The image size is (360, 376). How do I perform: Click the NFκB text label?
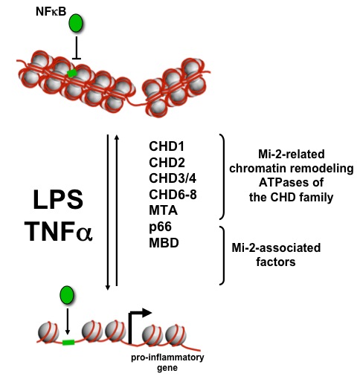click(x=51, y=11)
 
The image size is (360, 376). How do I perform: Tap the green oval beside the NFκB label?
click(x=76, y=23)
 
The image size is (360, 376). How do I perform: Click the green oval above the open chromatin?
click(x=67, y=295)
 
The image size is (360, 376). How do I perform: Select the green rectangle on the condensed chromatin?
click(x=72, y=73)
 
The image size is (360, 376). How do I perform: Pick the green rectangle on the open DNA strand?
click(x=68, y=343)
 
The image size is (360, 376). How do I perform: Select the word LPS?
click(x=58, y=199)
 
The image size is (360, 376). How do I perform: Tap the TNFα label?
click(x=59, y=231)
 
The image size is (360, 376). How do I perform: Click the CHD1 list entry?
click(x=167, y=146)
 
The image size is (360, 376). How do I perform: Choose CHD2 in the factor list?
click(x=167, y=163)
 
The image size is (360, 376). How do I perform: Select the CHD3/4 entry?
click(x=173, y=178)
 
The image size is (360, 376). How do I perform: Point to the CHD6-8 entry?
click(x=173, y=195)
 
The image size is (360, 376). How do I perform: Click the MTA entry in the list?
click(x=164, y=210)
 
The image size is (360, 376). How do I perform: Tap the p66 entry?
click(x=160, y=227)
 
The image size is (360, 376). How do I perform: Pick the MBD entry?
click(x=164, y=242)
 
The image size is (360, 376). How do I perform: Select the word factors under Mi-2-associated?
click(x=276, y=262)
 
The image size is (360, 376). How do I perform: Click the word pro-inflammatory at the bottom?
click(x=167, y=357)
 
